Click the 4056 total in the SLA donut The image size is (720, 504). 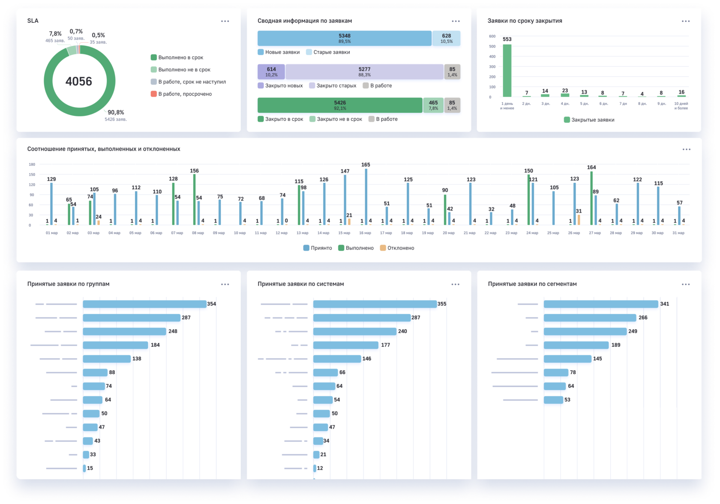point(79,81)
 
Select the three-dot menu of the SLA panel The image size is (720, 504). point(225,21)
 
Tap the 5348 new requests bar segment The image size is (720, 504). point(344,39)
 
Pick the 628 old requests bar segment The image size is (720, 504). point(446,39)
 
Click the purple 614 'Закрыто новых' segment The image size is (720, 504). point(271,72)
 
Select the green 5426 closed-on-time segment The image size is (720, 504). point(340,105)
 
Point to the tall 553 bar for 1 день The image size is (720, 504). point(507,71)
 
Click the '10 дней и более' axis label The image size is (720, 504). point(681,106)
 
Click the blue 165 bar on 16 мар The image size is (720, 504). point(366,197)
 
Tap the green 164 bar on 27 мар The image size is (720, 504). point(591,198)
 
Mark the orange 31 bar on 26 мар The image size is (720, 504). point(579,220)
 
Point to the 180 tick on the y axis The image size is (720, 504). point(32,164)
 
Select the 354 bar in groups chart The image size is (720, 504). point(144,304)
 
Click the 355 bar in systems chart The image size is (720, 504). point(375,304)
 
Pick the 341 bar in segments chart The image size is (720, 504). point(601,304)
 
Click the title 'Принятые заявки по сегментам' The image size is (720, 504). point(532,284)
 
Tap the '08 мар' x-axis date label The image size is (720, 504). point(198,233)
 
